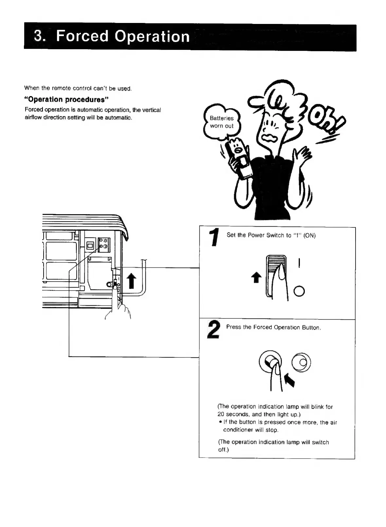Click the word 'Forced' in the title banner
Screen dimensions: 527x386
[82, 36]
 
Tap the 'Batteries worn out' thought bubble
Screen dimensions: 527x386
[222, 122]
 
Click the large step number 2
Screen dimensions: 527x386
[213, 330]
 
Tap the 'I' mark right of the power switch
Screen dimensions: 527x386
[299, 263]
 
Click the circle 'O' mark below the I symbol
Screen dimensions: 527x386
[299, 291]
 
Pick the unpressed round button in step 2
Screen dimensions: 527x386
[301, 362]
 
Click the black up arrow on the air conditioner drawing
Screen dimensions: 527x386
[131, 281]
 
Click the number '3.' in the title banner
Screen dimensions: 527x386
[40, 36]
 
